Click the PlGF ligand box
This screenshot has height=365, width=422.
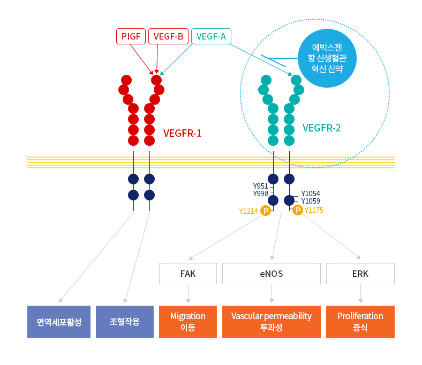pos(131,36)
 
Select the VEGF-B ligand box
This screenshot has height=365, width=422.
pos(168,36)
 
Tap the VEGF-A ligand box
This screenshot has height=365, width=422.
pos(211,36)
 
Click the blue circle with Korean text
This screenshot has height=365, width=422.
pos(327,58)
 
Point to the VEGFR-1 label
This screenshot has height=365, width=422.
pos(182,133)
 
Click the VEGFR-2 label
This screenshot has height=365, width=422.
pos(322,128)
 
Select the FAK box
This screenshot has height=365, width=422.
pos(188,274)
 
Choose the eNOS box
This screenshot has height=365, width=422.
pos(272,274)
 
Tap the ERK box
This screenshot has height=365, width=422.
pos(360,274)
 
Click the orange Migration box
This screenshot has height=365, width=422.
pos(188,322)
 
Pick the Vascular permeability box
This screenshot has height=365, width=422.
pos(272,322)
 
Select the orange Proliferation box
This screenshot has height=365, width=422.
pos(360,322)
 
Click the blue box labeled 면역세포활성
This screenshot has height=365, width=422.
pos(59,322)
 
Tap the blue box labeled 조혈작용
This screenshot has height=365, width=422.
pos(125,322)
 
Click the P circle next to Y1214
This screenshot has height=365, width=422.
pos(266,211)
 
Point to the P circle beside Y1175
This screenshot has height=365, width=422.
pos(298,210)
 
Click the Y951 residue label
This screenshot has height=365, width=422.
pos(260,186)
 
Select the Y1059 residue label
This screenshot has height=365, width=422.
pos(311,201)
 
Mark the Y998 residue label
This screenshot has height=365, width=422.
pos(261,193)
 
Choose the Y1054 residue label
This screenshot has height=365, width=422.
pos(311,193)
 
